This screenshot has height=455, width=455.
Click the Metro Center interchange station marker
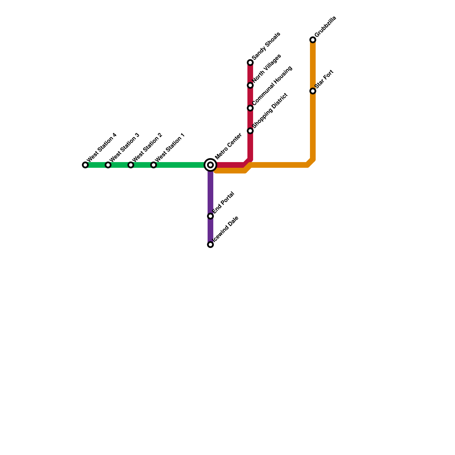click(x=210, y=165)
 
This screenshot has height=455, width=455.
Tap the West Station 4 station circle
click(x=85, y=165)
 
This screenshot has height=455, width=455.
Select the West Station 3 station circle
click(x=108, y=165)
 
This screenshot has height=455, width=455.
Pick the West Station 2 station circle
click(x=131, y=165)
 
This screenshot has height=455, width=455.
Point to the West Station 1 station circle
click(x=154, y=165)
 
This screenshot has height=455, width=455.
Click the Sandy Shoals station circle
click(x=250, y=63)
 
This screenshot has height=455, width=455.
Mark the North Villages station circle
click(x=250, y=85)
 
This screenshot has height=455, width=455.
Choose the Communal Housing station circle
click(x=250, y=108)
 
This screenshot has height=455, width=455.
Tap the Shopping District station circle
click(x=250, y=131)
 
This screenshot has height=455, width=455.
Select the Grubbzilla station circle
click(x=313, y=40)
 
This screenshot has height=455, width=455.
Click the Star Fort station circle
click(x=313, y=91)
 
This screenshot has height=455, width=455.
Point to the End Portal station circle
click(x=210, y=216)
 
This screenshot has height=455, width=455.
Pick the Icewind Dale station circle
click(x=210, y=245)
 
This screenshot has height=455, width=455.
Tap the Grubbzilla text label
click(x=326, y=27)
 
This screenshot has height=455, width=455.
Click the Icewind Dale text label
click(x=226, y=229)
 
